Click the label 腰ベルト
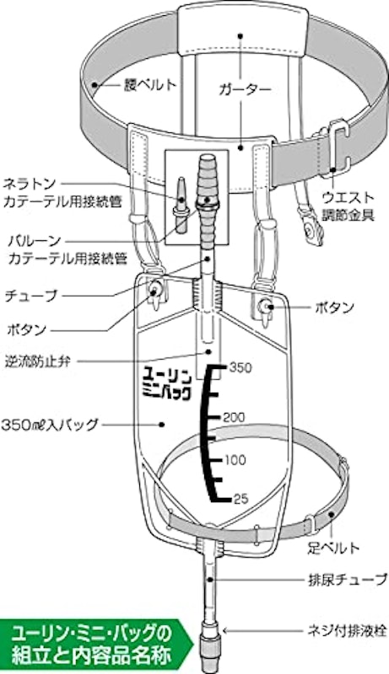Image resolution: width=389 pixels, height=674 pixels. (149, 85)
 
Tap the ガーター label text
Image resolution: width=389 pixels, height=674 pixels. (245, 89)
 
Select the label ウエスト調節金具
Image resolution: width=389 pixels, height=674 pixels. (348, 206)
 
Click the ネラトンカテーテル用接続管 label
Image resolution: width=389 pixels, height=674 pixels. (62, 193)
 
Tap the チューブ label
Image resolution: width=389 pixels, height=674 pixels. (30, 297)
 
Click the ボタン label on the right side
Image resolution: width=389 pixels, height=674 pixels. (335, 308)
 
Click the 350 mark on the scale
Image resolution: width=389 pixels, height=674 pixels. (240, 368)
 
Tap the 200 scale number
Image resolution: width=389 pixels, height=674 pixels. (234, 417)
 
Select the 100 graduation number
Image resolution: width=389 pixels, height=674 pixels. (235, 460)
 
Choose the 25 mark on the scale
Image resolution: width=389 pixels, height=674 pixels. (240, 499)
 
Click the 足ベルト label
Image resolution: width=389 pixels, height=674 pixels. (333, 548)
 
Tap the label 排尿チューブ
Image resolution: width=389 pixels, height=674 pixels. (348, 580)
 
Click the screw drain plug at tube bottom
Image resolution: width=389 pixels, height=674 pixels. (211, 648)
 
